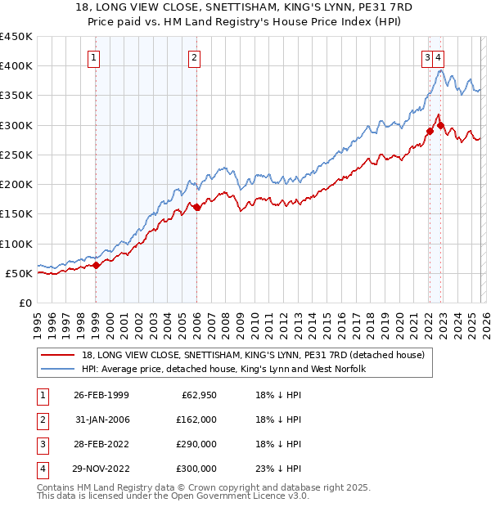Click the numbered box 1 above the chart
95,57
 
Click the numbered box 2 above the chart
194,57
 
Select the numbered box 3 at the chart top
427,57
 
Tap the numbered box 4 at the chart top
439,57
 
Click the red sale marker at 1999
97,265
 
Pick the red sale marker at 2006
196,207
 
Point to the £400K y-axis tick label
16,66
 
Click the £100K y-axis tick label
16,244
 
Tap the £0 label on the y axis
25,303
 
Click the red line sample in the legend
59,356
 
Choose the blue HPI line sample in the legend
59,370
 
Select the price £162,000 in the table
196,420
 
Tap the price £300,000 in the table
196,469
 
